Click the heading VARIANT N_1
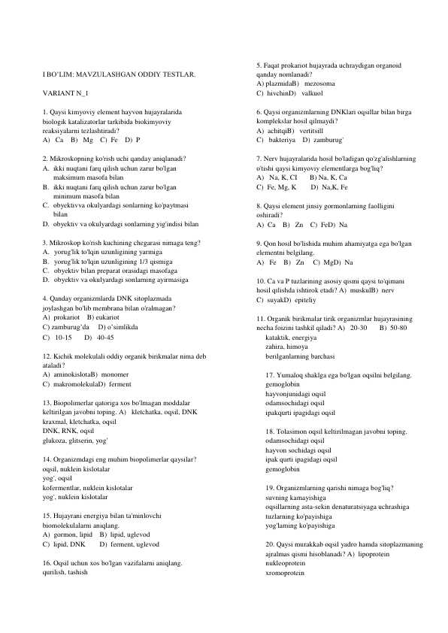[x=65, y=92]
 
